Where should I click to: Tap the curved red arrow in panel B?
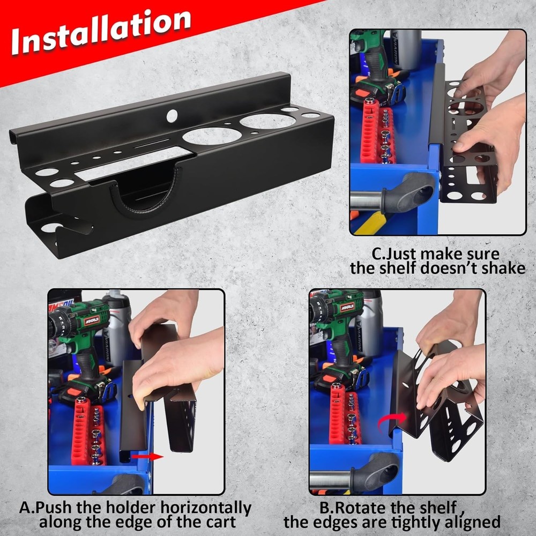click(390, 423)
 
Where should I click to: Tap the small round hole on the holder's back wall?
click(172, 115)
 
